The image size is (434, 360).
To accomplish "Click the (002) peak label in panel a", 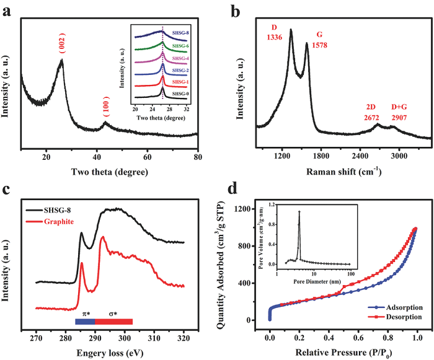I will pos(61,45).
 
